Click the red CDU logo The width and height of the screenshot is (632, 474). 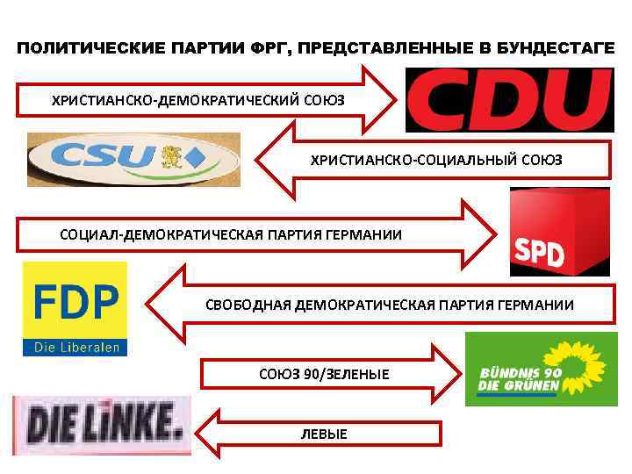point(508,100)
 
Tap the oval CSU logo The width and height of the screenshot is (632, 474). point(132,160)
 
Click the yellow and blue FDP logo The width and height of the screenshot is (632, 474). point(75,308)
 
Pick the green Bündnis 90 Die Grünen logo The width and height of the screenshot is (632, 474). point(535,369)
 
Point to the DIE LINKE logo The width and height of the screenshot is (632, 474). point(102,425)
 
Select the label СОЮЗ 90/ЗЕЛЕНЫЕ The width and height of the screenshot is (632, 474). point(324,375)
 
